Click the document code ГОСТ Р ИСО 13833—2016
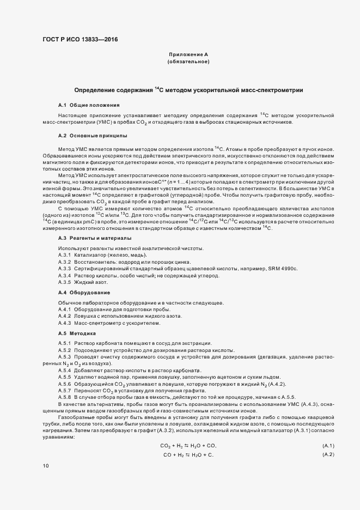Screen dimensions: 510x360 (79, 40)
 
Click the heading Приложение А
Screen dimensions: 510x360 (188, 55)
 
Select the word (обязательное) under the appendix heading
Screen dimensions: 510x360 (188, 62)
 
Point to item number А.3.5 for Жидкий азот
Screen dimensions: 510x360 (65, 282)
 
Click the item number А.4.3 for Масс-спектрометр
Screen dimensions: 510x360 (65, 323)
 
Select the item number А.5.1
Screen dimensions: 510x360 (65, 342)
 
